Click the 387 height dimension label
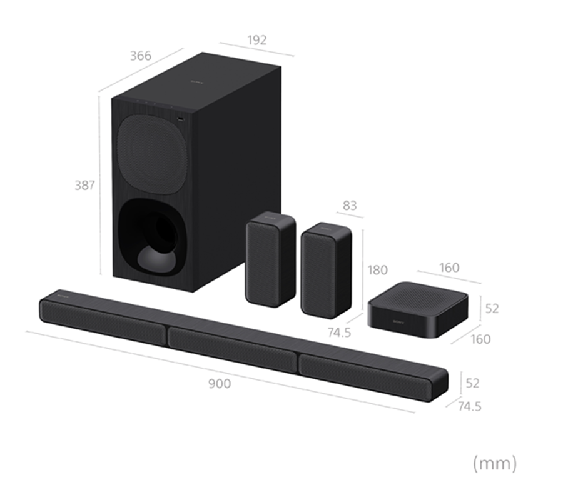[x=84, y=185]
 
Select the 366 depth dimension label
[x=140, y=56]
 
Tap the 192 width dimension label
[x=257, y=40]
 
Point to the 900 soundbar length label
[x=220, y=384]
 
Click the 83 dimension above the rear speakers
[x=350, y=205]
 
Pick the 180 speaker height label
[x=377, y=270]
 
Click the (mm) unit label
[x=495, y=463]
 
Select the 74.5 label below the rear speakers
[x=339, y=333]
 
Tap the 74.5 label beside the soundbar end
[x=470, y=406]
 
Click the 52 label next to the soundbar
[x=472, y=383]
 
